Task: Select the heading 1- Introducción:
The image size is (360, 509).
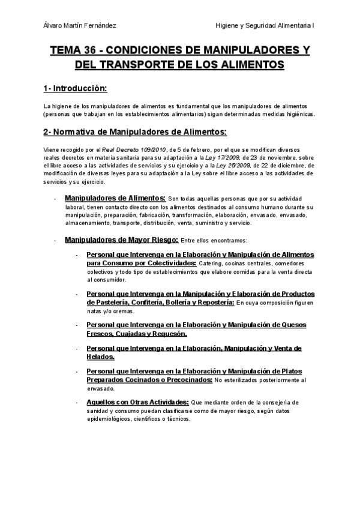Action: (x=75, y=89)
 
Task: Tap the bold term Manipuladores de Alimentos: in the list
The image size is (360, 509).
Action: (x=115, y=198)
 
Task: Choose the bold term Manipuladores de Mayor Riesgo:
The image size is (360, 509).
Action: (x=121, y=240)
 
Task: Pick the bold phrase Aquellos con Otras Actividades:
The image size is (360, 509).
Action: (x=137, y=401)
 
